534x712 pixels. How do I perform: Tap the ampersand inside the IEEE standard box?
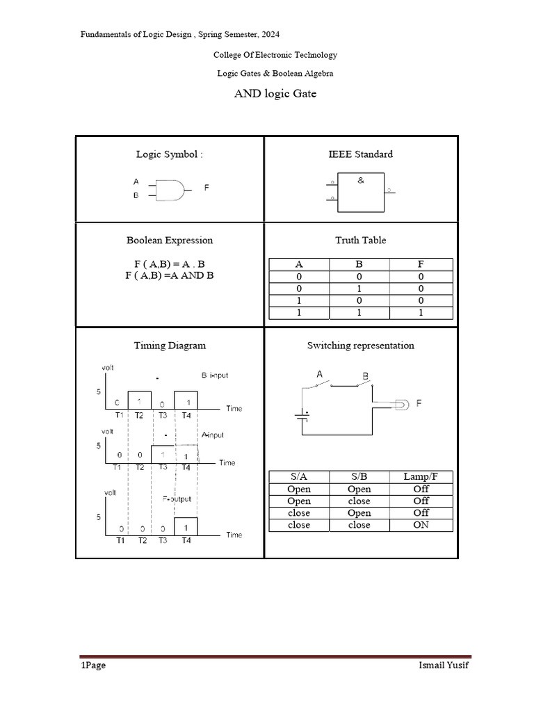360,180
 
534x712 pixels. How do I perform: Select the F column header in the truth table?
421,264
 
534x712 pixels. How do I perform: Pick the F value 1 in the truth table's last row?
421,314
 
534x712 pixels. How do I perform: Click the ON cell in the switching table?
421,525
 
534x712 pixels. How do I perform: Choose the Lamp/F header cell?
421,476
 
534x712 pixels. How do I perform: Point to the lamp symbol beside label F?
403,403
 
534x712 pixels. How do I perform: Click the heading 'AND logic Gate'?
275,93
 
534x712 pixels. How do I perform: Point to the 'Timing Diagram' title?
170,345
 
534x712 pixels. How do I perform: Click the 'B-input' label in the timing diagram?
214,375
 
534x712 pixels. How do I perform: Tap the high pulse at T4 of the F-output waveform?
186,526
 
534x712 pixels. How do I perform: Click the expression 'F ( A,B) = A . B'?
170,264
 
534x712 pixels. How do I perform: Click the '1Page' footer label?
92,665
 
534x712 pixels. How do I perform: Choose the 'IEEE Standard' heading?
360,154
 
